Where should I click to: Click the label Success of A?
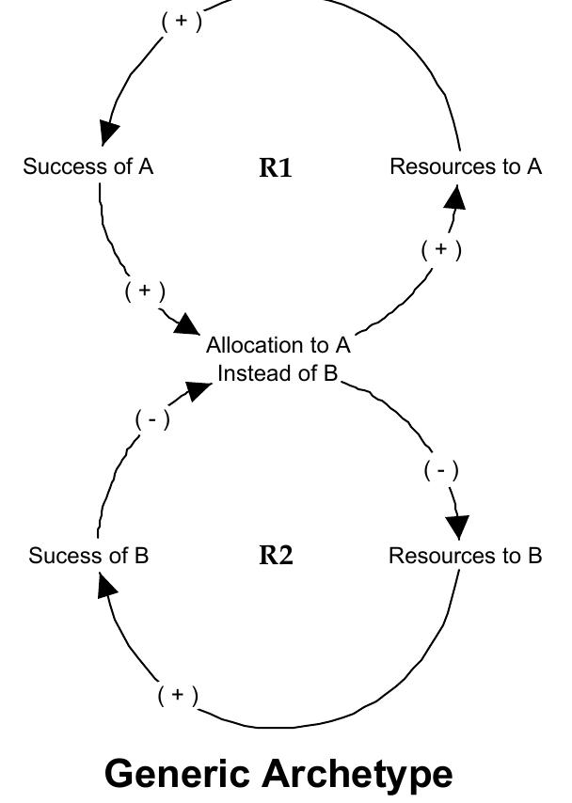pyautogui.click(x=88, y=167)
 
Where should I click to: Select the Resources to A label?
pyautogui.click(x=466, y=167)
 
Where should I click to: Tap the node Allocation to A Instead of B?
pyautogui.click(x=278, y=359)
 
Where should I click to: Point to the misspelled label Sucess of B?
pyautogui.click(x=88, y=556)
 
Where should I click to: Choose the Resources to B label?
pyautogui.click(x=465, y=556)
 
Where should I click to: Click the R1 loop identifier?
pyautogui.click(x=276, y=168)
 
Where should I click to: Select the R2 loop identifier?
pyautogui.click(x=276, y=556)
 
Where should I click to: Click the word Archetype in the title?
pyautogui.click(x=371, y=774)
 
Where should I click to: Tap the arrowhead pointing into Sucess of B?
pyautogui.click(x=106, y=586)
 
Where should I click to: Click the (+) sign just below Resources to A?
pyautogui.click(x=440, y=250)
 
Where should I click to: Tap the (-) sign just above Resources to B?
pyautogui.click(x=441, y=470)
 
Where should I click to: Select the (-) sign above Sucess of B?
pyautogui.click(x=153, y=420)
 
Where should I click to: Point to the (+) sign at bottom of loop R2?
pyautogui.click(x=178, y=696)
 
